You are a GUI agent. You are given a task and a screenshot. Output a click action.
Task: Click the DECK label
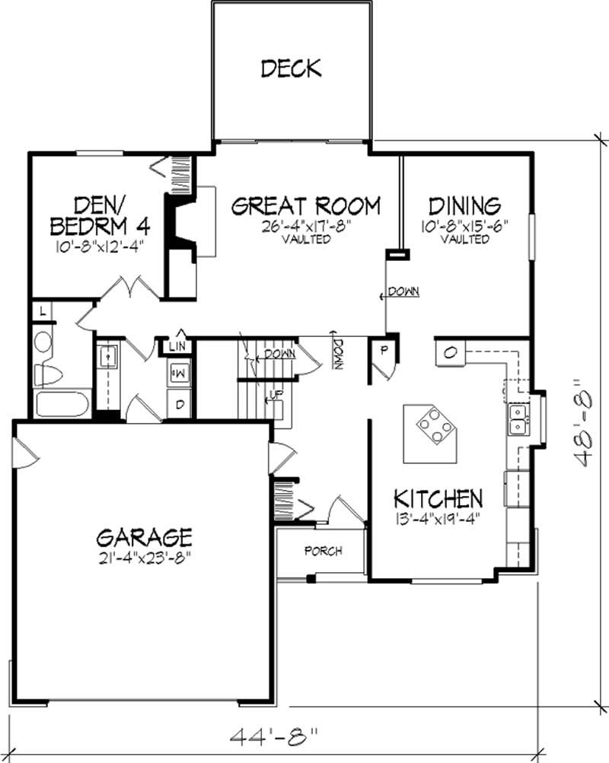tap(291, 68)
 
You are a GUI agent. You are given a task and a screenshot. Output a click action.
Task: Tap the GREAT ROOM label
tap(305, 206)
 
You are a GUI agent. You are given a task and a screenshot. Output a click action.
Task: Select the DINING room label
tap(464, 206)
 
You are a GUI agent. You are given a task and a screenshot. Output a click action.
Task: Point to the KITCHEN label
tap(438, 499)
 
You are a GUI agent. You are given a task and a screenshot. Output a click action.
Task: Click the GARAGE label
tap(144, 537)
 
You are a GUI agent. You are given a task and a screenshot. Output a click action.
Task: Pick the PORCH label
tap(323, 551)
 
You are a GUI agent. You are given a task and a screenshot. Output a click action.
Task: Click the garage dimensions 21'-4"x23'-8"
tap(144, 557)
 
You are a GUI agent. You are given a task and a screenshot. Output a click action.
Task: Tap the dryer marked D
tap(180, 404)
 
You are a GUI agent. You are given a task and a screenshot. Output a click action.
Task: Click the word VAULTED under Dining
tap(464, 239)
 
